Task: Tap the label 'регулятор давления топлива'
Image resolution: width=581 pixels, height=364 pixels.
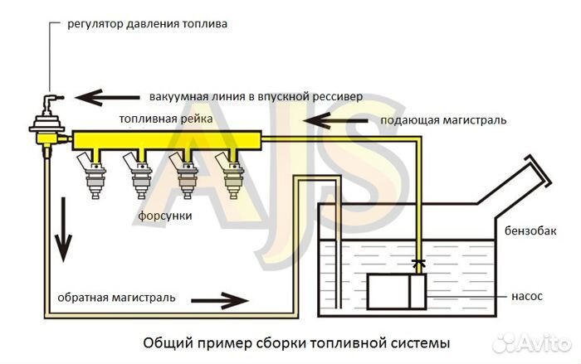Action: click(147, 24)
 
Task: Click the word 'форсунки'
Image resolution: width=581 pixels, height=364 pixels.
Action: click(165, 216)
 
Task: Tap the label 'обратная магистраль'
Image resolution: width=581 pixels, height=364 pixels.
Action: click(115, 298)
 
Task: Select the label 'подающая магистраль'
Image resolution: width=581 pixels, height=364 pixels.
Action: click(443, 120)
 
